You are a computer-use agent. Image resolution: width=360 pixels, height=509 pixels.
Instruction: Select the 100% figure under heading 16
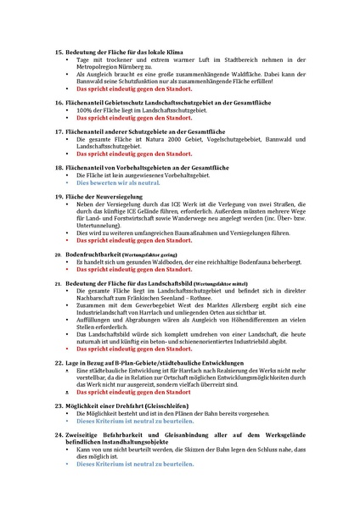point(85,110)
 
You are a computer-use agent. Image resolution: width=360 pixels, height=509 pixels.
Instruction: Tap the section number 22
point(58,362)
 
